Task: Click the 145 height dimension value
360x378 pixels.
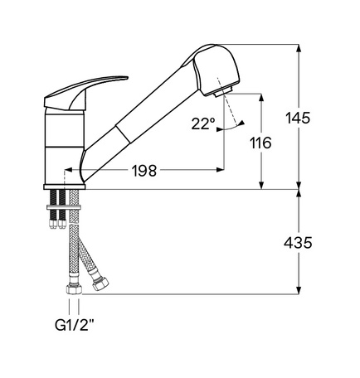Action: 298,118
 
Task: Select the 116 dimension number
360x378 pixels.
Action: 260,143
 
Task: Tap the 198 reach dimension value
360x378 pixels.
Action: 144,171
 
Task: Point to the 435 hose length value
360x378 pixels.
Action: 298,243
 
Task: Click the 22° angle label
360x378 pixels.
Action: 203,124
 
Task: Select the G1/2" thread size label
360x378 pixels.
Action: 74,325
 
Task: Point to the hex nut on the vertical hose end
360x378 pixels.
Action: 74,289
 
